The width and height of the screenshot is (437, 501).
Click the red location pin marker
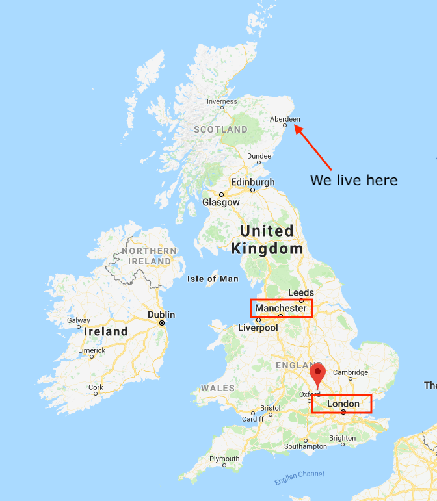pyautogui.click(x=317, y=374)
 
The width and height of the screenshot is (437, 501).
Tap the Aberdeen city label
pyautogui.click(x=285, y=119)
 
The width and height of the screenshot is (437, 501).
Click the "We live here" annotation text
pyautogui.click(x=353, y=180)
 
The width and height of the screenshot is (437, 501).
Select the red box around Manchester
pyautogui.click(x=281, y=308)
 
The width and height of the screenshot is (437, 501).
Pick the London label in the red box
pyautogui.click(x=343, y=404)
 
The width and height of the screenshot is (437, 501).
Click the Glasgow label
pyautogui.click(x=221, y=202)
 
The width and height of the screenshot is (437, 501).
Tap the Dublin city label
pyautogui.click(x=161, y=315)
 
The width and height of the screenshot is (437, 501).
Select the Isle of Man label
pyautogui.click(x=213, y=279)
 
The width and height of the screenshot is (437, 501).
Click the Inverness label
pyautogui.click(x=222, y=101)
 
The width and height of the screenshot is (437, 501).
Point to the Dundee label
pyautogui.click(x=259, y=156)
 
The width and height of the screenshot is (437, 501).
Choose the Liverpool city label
pyautogui.click(x=258, y=328)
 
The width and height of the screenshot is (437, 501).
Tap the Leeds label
pyautogui.click(x=300, y=293)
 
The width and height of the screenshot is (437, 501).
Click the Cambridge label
pyautogui.click(x=351, y=372)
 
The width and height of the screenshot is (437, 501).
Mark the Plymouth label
pyautogui.click(x=224, y=459)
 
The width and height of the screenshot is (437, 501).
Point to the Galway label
pyautogui.click(x=79, y=320)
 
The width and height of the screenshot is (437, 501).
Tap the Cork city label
pyautogui.click(x=96, y=387)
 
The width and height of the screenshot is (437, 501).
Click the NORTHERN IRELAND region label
pyautogui.click(x=149, y=256)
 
